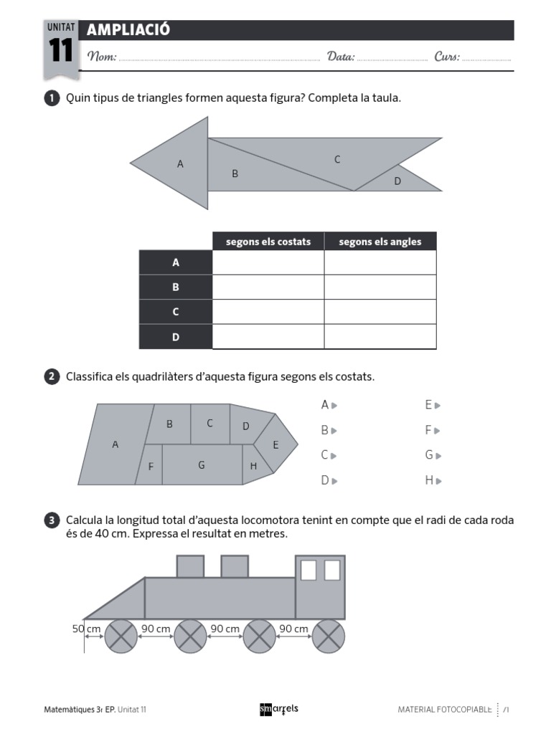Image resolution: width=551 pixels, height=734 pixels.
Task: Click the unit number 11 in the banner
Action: [61, 52]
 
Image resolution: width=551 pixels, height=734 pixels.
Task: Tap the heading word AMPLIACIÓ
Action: [128, 30]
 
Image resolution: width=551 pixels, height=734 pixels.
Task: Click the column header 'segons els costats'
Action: [268, 242]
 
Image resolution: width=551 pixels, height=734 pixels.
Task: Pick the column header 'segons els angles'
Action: [380, 242]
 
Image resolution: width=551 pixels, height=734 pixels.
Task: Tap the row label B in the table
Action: [176, 287]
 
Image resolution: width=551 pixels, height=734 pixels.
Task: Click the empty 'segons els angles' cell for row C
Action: [380, 312]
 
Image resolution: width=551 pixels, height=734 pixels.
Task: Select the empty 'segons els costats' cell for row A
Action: [268, 263]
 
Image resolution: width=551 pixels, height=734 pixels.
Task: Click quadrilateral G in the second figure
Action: [202, 464]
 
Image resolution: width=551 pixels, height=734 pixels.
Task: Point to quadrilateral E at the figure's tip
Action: [275, 444]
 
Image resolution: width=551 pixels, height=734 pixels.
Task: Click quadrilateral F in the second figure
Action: [150, 466]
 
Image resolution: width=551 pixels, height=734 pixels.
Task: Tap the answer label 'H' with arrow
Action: [432, 480]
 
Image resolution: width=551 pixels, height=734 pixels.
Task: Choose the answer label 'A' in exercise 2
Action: [329, 405]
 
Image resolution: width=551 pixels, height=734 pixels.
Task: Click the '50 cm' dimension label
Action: [86, 629]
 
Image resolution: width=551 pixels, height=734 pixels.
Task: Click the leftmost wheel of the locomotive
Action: [121, 637]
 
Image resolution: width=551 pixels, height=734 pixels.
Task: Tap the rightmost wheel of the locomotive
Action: [328, 637]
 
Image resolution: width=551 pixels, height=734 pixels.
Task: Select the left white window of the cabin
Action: [309, 570]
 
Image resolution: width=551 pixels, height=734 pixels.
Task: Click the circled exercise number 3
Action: [52, 520]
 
